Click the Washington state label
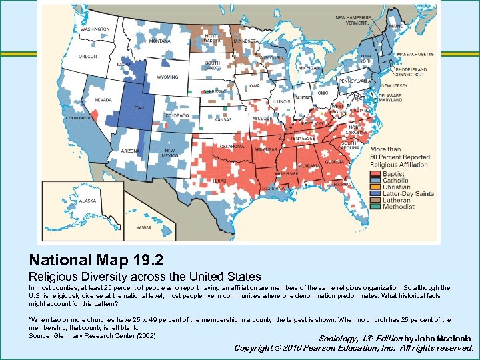tap(95, 29)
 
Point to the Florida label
tap(343, 183)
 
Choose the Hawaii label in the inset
tap(143, 227)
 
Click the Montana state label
tap(159, 41)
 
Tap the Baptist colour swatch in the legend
tap(376, 174)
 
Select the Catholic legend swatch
tap(376, 181)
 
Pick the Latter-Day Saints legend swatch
tap(376, 194)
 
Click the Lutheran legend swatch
tap(376, 201)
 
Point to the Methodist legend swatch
tap(376, 207)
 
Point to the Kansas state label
tap(223, 120)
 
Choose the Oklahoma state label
tap(233, 146)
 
